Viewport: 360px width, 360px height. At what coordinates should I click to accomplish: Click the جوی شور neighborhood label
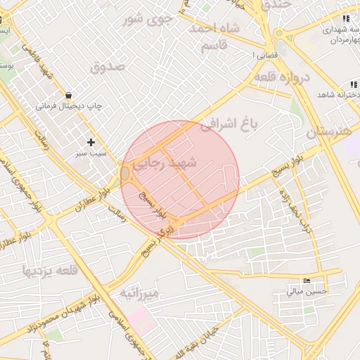pyautogui.click(x=148, y=19)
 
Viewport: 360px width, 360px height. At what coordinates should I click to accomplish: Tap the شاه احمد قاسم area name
pyautogui.click(x=214, y=36)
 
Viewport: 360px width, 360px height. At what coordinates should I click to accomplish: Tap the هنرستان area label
pyautogui.click(x=331, y=131)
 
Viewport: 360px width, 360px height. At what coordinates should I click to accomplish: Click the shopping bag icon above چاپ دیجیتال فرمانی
pyautogui.click(x=67, y=95)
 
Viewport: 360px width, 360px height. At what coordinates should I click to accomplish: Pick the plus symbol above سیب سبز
pyautogui.click(x=91, y=142)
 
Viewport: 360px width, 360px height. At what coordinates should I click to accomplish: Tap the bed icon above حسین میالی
pyautogui.click(x=306, y=281)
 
